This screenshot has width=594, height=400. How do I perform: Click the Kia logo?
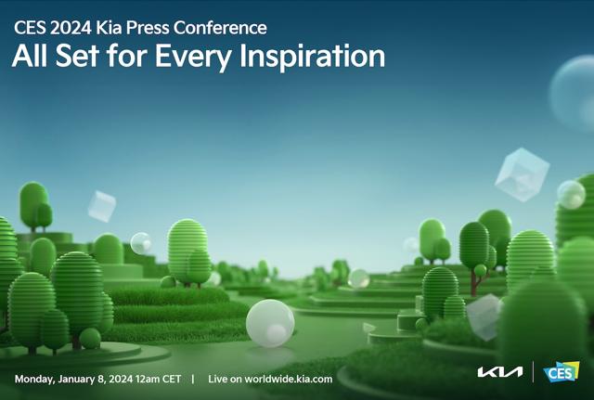pos(500,372)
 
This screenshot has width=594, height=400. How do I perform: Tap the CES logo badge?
pos(561,372)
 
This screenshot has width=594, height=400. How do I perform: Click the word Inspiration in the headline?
pos(313,57)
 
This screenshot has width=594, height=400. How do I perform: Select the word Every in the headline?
pos(193,57)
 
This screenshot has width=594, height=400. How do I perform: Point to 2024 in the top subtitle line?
pos(71,28)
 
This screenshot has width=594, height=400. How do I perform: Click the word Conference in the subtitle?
pos(220,28)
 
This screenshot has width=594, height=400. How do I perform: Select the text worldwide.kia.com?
pos(289,380)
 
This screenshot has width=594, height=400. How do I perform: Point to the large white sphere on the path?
pos(270,323)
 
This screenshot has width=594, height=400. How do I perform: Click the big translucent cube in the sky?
pos(522,174)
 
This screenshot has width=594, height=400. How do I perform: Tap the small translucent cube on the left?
pos(102,206)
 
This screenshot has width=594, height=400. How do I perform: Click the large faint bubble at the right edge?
pos(573,93)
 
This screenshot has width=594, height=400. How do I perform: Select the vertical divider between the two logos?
pos(533,372)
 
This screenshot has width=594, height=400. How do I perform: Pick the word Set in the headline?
pos(77,56)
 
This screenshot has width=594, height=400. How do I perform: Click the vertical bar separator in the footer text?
pos(193,380)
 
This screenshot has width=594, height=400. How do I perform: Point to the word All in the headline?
pos(29,56)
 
